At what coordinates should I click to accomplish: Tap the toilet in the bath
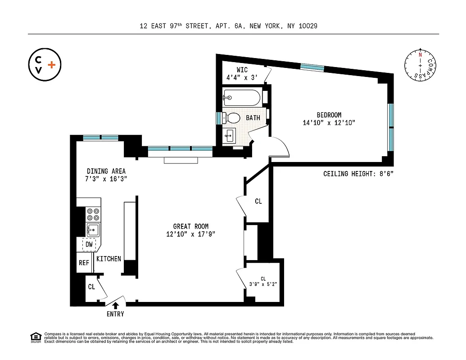233,118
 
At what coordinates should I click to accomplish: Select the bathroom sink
229,134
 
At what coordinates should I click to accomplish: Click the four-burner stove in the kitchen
94,214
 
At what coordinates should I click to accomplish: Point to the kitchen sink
93,230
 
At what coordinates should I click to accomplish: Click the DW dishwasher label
89,244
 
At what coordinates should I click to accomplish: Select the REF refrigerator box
84,263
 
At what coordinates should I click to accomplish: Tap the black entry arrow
115,305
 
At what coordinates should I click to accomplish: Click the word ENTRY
115,314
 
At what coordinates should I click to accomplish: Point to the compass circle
421,66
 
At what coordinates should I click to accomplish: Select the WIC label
242,70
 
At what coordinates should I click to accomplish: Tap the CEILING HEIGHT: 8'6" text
358,174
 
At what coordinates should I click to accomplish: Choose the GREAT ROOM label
191,226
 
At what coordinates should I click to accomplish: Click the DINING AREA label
106,171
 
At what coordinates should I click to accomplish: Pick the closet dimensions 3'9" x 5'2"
263,284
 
